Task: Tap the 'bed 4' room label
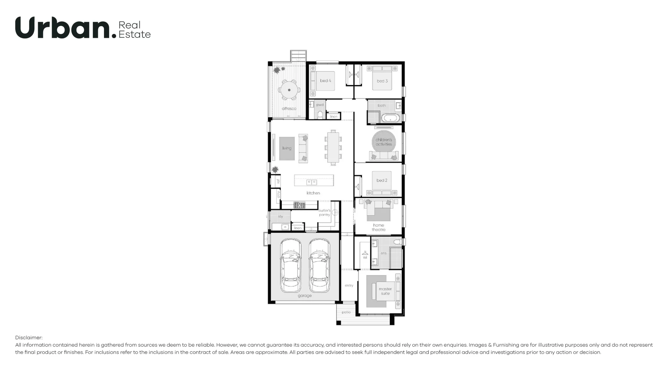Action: (325, 81)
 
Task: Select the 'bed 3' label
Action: (382, 81)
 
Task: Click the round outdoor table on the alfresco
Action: (289, 90)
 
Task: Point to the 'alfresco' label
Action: (289, 109)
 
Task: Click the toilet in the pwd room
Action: (320, 115)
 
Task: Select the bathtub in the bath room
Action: (390, 118)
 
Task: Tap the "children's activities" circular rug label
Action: (384, 142)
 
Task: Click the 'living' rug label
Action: (287, 148)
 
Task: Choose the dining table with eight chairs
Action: (333, 147)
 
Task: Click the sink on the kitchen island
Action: (311, 182)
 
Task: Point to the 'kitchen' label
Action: (313, 193)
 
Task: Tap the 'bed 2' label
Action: (382, 181)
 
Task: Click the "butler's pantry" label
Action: (324, 213)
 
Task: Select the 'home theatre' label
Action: (378, 227)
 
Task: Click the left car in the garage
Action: (290, 266)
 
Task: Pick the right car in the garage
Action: (319, 266)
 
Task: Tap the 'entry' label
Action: (349, 285)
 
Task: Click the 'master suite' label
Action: (385, 291)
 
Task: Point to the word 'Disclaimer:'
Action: (29, 338)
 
